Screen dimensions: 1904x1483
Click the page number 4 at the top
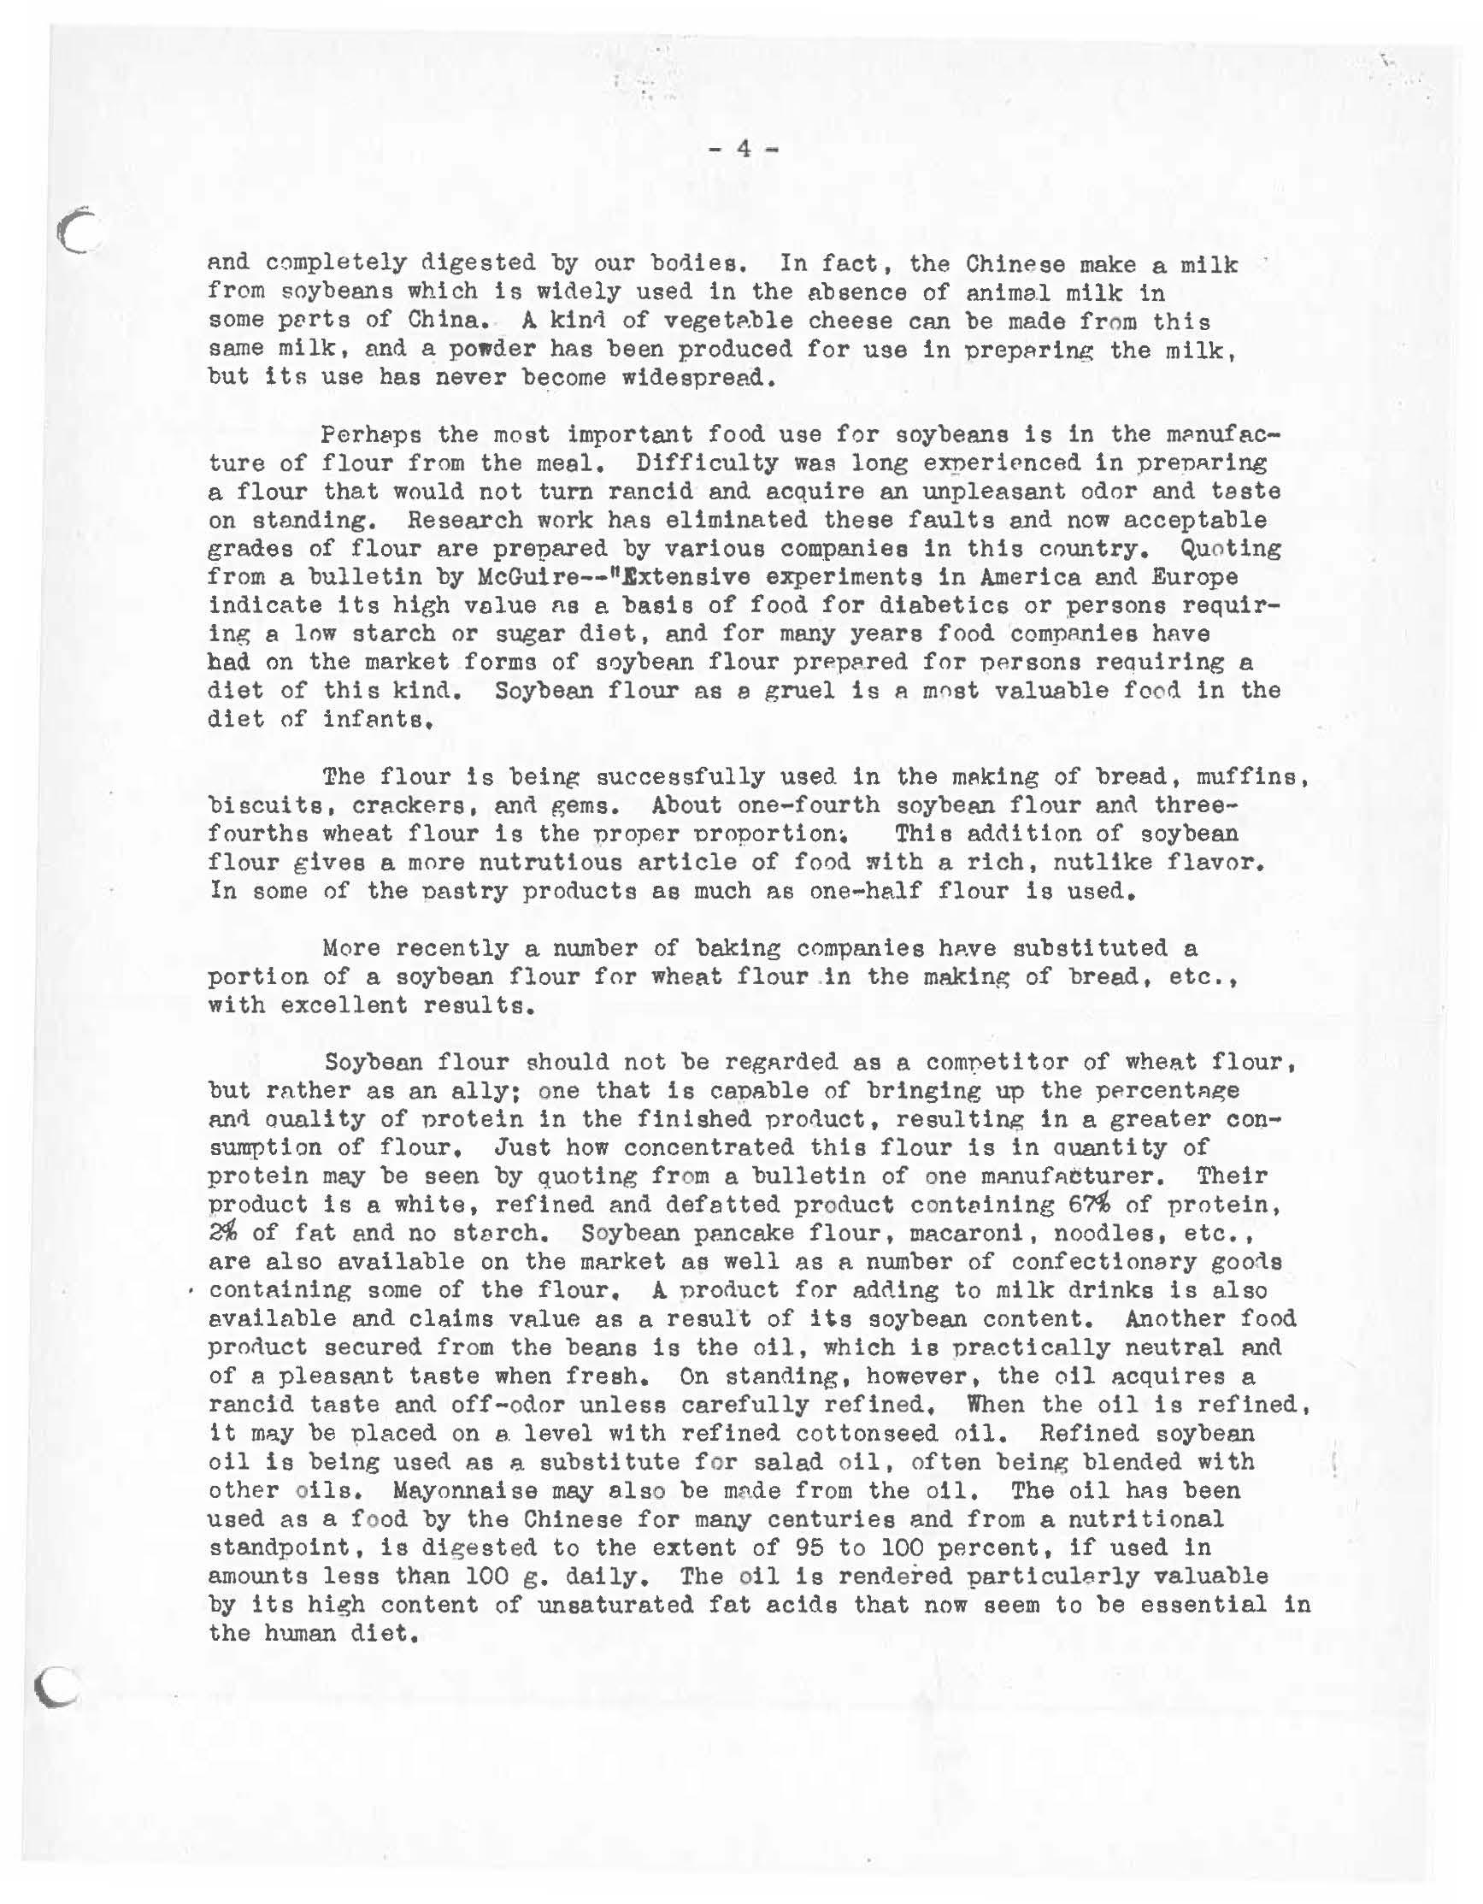tap(743, 149)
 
